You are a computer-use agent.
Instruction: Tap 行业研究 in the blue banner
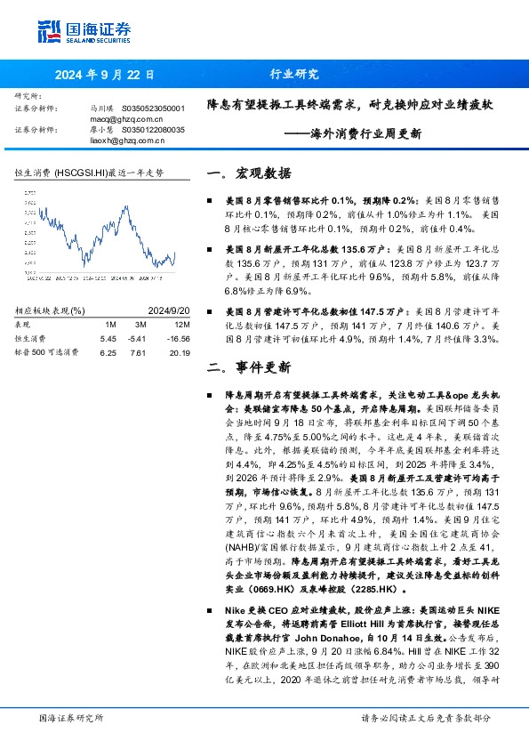(x=293, y=75)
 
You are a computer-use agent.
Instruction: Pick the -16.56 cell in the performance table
(x=178, y=339)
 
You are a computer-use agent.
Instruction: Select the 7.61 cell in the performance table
(x=137, y=352)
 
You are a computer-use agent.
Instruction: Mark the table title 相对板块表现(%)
(x=51, y=310)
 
